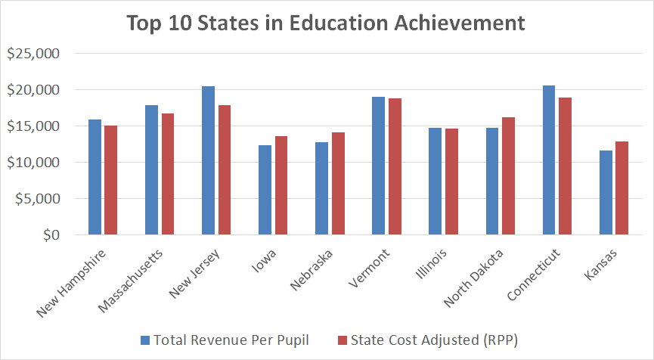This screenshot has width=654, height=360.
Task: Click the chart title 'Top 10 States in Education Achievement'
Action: [326, 23]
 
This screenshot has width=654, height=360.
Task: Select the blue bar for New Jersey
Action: [208, 160]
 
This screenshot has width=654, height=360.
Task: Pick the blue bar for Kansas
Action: [605, 193]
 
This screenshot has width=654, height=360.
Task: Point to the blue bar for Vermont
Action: [378, 166]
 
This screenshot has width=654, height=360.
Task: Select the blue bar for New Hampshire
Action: [95, 177]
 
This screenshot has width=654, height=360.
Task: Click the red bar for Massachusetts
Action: [167, 174]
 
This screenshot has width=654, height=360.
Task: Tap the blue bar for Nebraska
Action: [321, 188]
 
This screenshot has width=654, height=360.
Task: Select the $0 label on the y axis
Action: [50, 235]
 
